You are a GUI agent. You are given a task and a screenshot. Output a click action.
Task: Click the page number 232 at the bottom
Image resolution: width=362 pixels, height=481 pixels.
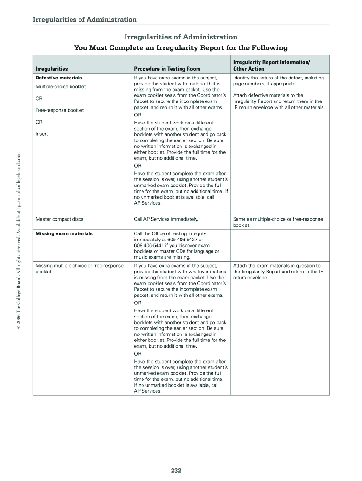[176, 470]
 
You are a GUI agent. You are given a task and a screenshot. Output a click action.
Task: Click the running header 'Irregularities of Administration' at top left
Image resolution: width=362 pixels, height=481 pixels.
[85, 19]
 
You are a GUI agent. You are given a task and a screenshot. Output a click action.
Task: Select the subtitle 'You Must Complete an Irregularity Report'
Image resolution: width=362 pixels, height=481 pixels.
[181, 48]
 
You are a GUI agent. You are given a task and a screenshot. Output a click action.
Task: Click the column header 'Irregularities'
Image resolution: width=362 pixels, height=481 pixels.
[52, 69]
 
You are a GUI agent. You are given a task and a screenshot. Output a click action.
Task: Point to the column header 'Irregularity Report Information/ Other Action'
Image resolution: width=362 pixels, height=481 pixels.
[271, 65]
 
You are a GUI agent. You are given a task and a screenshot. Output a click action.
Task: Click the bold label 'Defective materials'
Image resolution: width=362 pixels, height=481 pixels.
[59, 78]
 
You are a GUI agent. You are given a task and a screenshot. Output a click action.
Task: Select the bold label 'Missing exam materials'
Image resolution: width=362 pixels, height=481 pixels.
[64, 233]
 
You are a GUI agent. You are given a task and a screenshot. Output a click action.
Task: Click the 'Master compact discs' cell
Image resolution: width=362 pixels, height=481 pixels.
[59, 219]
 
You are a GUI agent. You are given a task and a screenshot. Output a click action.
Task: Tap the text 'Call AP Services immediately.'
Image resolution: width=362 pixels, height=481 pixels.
[166, 219]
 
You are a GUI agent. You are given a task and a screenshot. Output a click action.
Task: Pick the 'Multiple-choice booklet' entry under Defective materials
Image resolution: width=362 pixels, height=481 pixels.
[61, 87]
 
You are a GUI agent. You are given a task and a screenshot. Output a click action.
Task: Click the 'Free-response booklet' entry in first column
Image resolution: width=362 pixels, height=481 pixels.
[60, 110]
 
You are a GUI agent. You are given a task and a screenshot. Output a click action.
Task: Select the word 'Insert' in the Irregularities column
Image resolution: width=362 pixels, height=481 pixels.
[42, 134]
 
